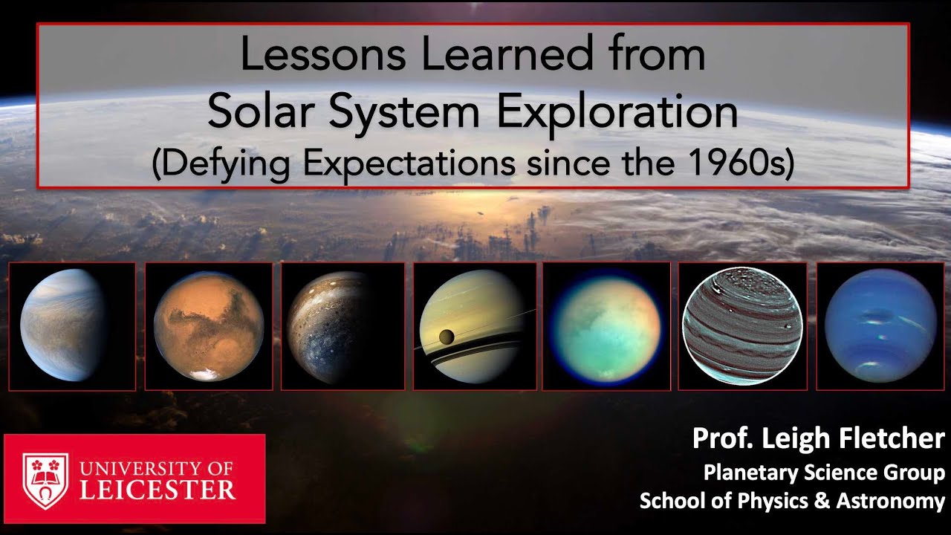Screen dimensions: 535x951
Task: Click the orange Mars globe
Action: tap(209, 326)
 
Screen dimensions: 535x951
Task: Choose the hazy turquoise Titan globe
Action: tap(606, 326)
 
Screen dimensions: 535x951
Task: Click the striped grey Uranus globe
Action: tap(741, 326)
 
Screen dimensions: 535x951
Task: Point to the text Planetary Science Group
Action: tap(824, 473)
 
